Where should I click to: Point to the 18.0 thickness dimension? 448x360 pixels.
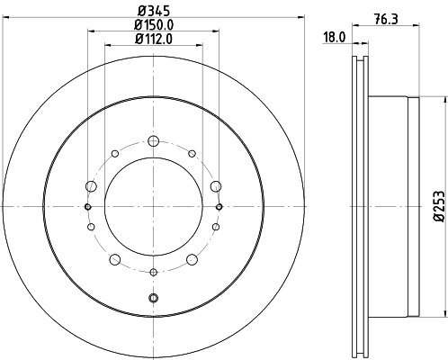(x=335, y=38)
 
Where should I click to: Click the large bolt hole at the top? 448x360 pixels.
(x=153, y=140)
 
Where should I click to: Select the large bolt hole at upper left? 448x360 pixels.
(x=91, y=185)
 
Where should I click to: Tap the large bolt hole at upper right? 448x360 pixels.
(x=216, y=185)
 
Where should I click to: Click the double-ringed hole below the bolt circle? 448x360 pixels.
(x=153, y=298)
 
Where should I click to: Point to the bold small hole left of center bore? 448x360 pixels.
(x=87, y=207)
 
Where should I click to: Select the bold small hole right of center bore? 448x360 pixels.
(x=220, y=207)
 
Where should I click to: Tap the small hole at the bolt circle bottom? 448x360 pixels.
(x=153, y=272)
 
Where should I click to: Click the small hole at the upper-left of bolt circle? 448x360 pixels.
(x=114, y=154)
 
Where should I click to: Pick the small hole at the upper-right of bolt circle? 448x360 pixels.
(x=192, y=154)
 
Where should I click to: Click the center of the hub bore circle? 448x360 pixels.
(x=153, y=207)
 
